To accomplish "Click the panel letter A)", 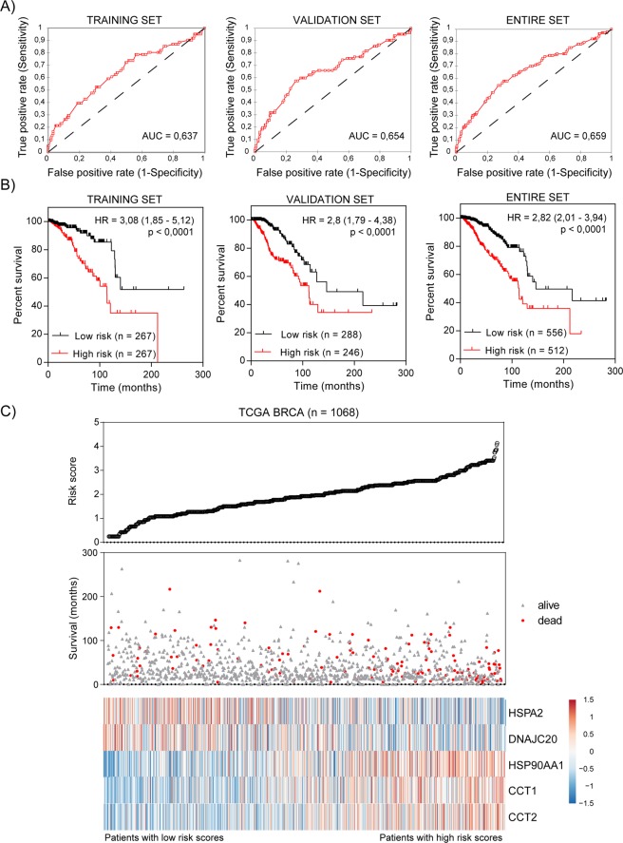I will (11, 9).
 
